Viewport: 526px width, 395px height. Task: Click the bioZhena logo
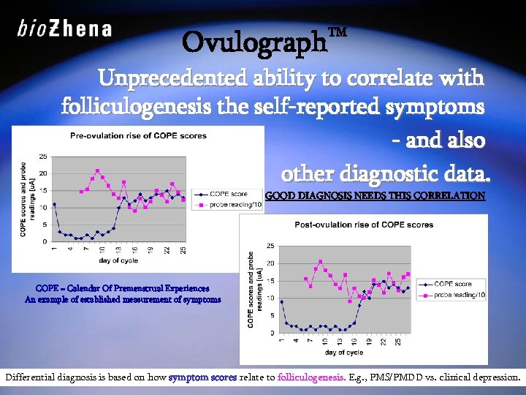64,29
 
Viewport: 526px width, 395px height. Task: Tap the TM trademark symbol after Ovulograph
338,33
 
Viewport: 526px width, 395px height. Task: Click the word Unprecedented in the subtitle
170,77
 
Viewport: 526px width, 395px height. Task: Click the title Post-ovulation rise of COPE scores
363,225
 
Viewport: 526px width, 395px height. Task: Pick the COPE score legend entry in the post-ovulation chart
450,284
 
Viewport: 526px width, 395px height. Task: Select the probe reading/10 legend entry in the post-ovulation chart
457,294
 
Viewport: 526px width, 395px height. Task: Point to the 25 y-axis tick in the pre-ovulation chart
43,156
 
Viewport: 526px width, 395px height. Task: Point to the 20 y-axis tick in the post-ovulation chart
270,263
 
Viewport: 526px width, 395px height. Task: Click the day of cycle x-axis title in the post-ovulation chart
343,352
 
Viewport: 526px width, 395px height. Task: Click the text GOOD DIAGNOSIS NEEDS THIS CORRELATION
373,196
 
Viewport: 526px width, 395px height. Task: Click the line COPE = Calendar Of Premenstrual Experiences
122,289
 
